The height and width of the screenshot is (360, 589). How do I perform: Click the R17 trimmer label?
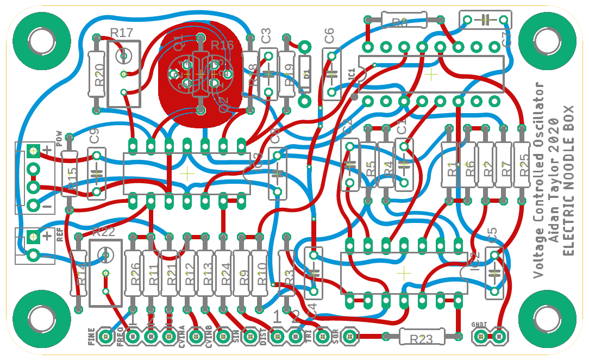122,33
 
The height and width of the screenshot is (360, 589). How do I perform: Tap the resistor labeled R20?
97,74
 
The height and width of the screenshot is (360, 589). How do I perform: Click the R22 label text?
104,232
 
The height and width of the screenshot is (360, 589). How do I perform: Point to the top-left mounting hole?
40,40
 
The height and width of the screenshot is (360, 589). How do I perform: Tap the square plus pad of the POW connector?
33,151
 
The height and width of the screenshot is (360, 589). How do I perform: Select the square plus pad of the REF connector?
33,237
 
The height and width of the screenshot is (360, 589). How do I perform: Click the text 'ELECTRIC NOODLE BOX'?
568,179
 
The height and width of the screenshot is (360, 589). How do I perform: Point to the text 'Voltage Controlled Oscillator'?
538,179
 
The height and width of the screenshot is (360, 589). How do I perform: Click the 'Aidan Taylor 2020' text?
554,179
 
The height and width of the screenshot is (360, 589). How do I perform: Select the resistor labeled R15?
69,174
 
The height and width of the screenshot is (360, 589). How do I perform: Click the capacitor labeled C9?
97,174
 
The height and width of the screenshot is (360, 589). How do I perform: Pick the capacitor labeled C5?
494,272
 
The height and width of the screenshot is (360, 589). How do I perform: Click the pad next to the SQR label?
349,337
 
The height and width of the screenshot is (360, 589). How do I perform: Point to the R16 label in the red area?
222,45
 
